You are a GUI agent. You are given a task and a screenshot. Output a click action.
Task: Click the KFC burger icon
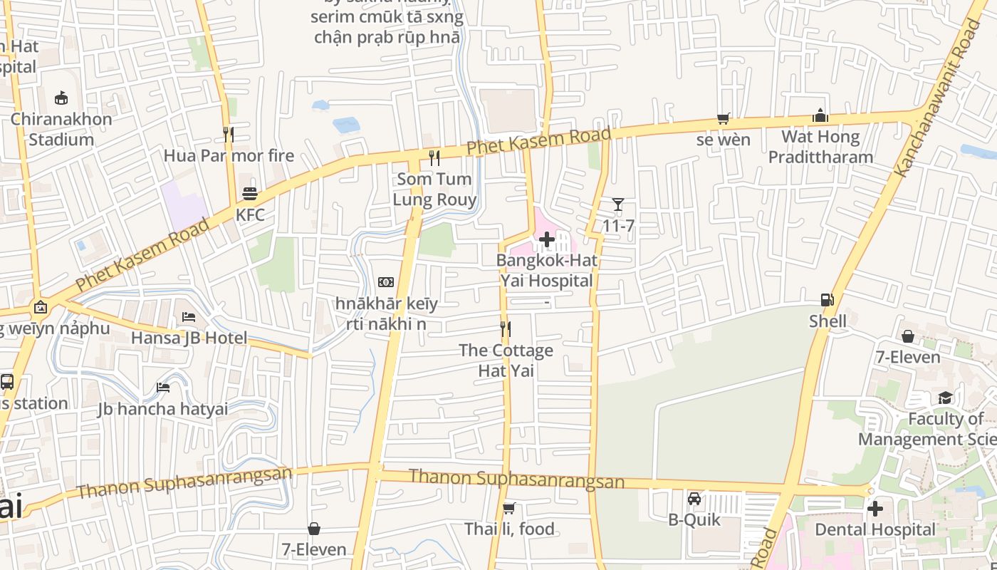pyautogui.click(x=250, y=194)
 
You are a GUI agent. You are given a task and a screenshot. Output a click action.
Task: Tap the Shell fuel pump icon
pyautogui.click(x=827, y=300)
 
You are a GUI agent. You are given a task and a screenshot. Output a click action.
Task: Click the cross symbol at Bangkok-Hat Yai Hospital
pyautogui.click(x=546, y=239)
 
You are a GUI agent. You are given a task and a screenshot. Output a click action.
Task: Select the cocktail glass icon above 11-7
pyautogui.click(x=618, y=205)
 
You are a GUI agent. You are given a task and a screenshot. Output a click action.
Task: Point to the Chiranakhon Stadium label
pyautogui.click(x=61, y=129)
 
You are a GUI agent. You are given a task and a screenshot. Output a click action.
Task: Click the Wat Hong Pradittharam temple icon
pyautogui.click(x=820, y=115)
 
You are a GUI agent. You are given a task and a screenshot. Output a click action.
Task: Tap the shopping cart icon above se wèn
pyautogui.click(x=724, y=119)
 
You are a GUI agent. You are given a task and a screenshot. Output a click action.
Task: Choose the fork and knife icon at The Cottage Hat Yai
pyautogui.click(x=506, y=329)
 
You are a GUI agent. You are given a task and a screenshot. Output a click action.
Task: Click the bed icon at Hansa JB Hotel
pyautogui.click(x=189, y=316)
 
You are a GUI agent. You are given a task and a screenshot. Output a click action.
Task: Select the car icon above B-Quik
pyautogui.click(x=694, y=499)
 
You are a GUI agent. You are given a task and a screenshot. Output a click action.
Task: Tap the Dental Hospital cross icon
pyautogui.click(x=875, y=509)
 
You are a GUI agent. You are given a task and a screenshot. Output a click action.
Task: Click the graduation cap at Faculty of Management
pyautogui.click(x=945, y=398)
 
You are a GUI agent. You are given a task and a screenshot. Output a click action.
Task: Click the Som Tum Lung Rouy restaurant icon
pyautogui.click(x=434, y=158)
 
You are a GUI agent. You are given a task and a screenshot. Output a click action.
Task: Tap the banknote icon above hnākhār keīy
pyautogui.click(x=386, y=282)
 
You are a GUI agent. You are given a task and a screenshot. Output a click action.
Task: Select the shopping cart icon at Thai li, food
pyautogui.click(x=509, y=508)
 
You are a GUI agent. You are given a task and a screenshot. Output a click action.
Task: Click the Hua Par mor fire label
pyautogui.click(x=229, y=155)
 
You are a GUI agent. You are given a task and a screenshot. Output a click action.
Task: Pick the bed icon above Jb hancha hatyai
pyautogui.click(x=163, y=388)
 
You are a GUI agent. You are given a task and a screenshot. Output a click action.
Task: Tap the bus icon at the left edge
pyautogui.click(x=7, y=382)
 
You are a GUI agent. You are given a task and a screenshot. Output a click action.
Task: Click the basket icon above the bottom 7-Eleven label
pyautogui.click(x=314, y=529)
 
